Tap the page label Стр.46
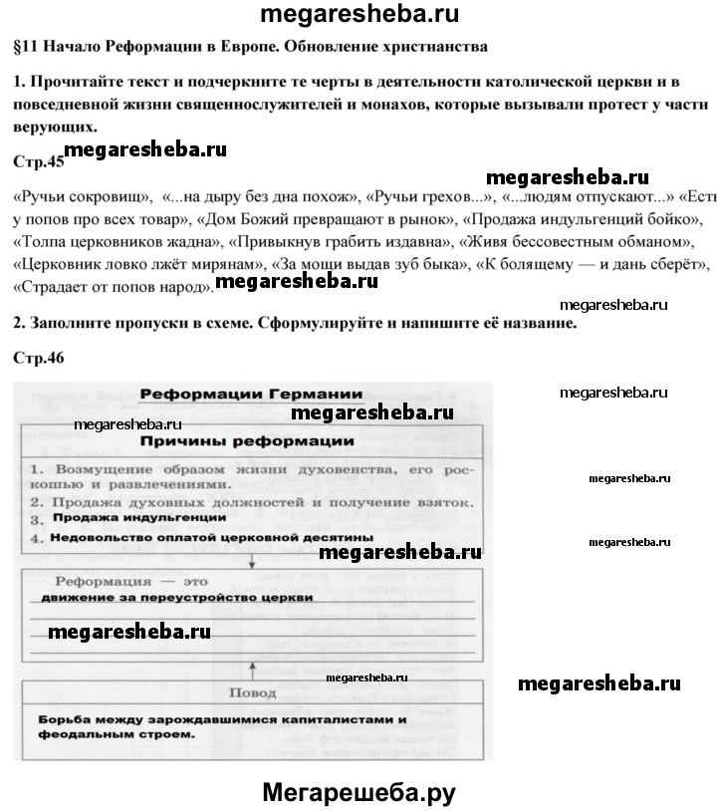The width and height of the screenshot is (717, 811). tap(40, 356)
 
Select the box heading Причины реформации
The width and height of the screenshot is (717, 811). tap(248, 439)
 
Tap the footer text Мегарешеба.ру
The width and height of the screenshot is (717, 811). tap(358, 792)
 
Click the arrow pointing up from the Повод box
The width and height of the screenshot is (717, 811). tap(251, 668)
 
